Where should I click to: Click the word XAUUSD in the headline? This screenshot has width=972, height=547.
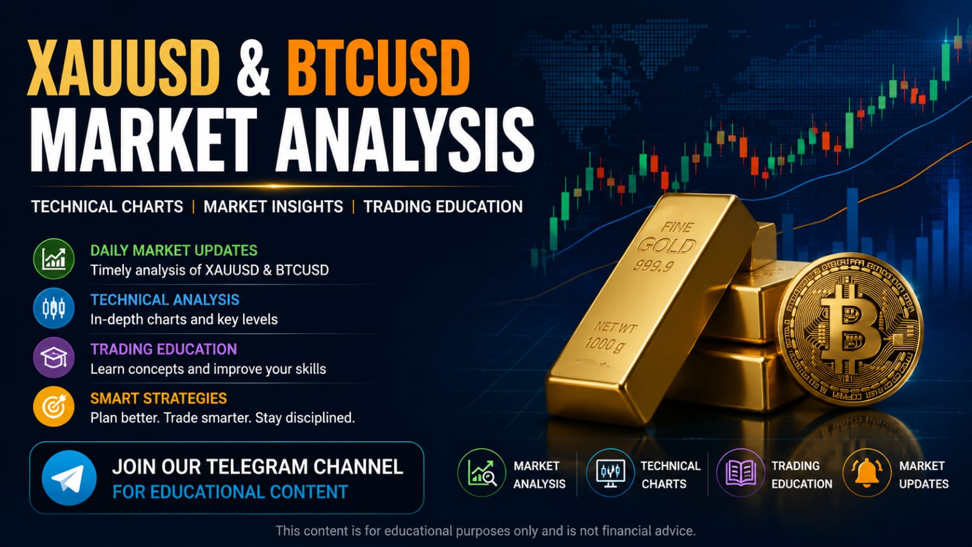(123, 67)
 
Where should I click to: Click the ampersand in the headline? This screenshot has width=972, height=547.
(253, 68)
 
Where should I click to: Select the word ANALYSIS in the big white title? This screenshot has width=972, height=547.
(405, 139)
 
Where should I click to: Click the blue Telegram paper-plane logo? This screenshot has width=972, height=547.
(69, 478)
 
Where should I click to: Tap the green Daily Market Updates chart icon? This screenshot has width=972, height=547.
(54, 259)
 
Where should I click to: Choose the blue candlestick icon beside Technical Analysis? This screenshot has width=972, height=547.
(54, 308)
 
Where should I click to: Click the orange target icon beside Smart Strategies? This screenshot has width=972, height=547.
(54, 407)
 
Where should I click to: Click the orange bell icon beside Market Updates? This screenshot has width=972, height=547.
(866, 472)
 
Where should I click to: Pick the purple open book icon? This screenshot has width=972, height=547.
(741, 472)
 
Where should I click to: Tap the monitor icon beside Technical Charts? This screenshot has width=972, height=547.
(610, 472)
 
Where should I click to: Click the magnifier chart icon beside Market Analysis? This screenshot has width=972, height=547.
(482, 472)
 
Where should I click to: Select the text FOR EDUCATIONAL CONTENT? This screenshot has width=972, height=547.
(230, 492)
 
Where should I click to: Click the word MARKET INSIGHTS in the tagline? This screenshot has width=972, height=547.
(273, 207)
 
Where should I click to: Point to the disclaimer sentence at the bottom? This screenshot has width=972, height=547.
(485, 531)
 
